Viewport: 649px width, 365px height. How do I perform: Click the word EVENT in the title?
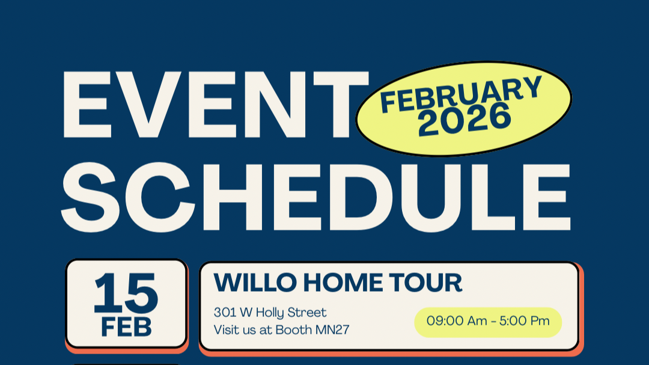click(213, 106)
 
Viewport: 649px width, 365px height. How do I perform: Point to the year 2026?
click(465, 119)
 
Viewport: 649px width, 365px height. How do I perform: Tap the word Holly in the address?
click(270, 313)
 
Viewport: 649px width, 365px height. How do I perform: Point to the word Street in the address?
click(307, 313)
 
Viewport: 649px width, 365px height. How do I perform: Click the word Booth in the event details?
click(297, 330)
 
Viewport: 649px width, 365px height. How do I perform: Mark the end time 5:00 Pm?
click(525, 321)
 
